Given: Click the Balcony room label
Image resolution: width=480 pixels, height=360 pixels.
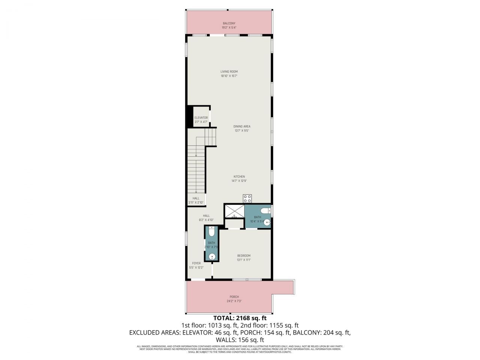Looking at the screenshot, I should click(229, 23).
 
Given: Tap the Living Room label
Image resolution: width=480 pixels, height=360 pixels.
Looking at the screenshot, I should click(229, 72).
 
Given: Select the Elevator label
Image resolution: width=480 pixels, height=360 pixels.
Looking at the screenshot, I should click(201, 118).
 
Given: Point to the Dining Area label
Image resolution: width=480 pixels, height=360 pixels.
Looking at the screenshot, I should click(241, 126).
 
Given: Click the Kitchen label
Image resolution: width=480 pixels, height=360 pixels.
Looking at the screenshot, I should click(239, 177).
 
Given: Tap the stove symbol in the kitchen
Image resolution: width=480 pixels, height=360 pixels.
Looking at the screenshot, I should click(247, 199).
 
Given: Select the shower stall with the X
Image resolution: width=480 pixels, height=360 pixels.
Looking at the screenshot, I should click(234, 210).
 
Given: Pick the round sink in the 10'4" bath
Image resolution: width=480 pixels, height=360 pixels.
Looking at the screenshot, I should click(267, 222).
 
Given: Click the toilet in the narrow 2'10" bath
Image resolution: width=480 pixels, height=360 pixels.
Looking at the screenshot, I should click(211, 232).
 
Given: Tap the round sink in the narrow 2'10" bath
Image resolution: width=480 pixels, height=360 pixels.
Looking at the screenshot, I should click(212, 257).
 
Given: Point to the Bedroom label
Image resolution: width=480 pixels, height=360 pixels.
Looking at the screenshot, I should click(243, 256).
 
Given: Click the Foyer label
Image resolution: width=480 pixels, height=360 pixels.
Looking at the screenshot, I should click(196, 263).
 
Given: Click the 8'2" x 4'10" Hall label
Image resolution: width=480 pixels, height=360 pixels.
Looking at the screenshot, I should click(206, 216).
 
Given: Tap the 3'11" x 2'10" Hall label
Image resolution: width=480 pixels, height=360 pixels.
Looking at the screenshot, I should click(196, 198).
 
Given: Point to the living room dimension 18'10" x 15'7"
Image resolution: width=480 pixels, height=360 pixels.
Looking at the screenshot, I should click(229, 76).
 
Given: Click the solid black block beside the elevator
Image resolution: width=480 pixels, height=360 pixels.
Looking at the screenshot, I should click(189, 117).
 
